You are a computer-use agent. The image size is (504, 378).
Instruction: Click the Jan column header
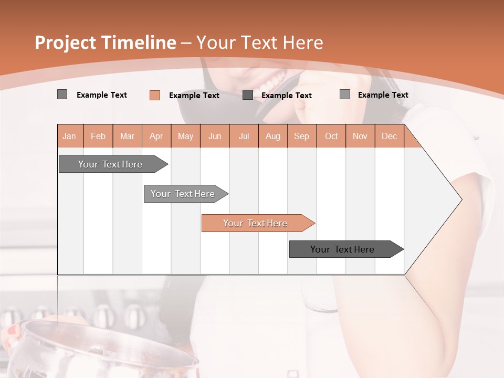click(70, 136)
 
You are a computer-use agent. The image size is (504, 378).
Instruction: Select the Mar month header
click(127, 136)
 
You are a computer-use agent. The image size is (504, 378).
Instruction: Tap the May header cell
click(185, 136)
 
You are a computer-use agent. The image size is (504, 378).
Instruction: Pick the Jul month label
click(244, 136)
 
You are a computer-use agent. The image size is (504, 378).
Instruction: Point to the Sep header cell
click(301, 136)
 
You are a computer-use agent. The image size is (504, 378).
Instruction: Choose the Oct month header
click(331, 136)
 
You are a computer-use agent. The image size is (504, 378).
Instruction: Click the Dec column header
click(389, 136)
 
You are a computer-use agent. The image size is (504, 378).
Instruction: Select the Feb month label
click(98, 136)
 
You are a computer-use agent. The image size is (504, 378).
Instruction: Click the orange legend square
click(155, 95)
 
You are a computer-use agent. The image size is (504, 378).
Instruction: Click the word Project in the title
click(66, 43)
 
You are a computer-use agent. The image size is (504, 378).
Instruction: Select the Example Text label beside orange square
click(194, 96)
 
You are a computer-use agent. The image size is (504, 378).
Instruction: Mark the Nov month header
click(360, 136)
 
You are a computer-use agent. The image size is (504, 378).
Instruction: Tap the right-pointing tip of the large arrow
click(460, 199)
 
